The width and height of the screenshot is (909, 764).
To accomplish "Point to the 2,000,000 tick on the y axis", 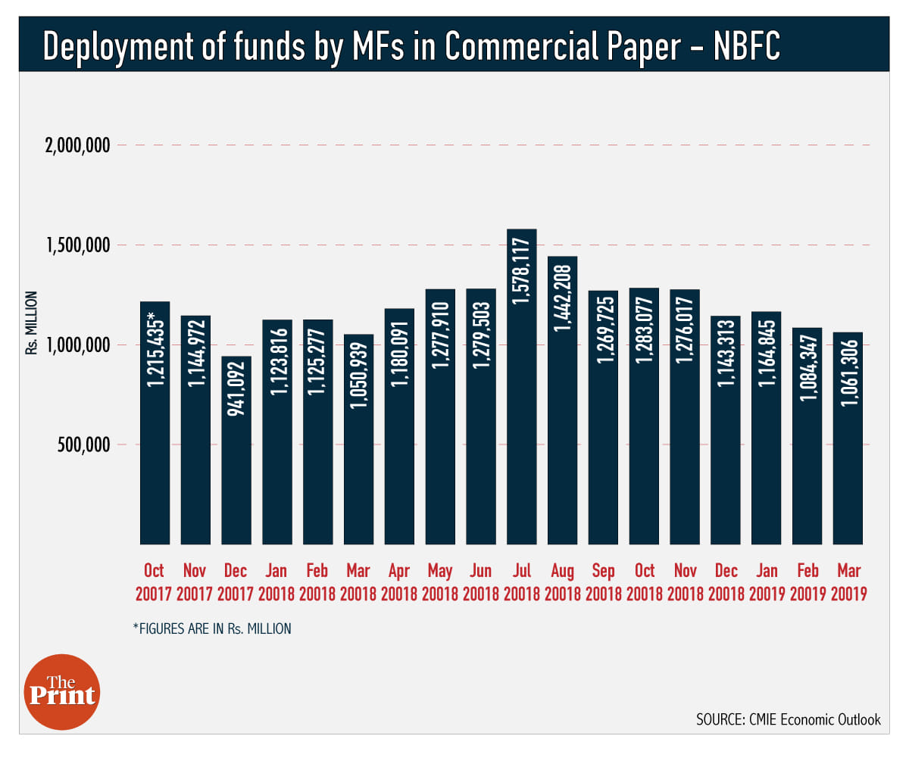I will (77, 145).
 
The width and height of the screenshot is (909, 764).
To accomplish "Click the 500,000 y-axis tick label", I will (83, 444).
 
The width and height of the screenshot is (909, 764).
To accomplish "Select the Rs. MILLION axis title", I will (31, 323).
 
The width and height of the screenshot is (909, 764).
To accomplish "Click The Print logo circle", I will (62, 692).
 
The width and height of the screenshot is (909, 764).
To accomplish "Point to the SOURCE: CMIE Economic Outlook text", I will (788, 719).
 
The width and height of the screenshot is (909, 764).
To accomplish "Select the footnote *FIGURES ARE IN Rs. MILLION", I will (212, 628).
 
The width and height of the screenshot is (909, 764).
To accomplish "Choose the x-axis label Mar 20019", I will (848, 582).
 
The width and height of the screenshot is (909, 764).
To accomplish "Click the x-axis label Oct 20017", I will (154, 582).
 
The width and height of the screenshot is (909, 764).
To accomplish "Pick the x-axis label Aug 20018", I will (563, 582).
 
